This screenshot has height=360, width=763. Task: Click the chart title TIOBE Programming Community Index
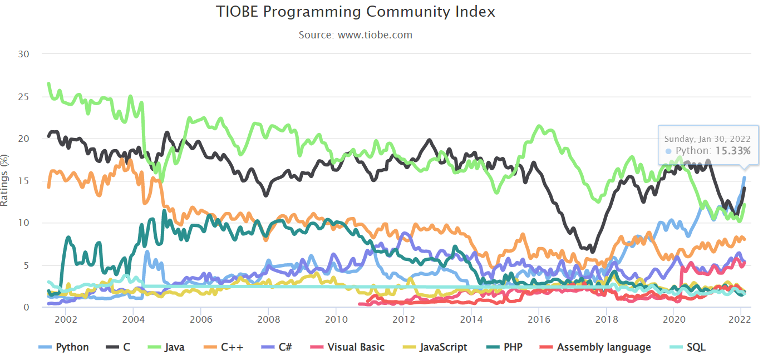pyautogui.click(x=355, y=12)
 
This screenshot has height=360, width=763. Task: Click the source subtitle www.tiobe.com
pyautogui.click(x=375, y=34)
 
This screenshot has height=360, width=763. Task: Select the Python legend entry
pyautogui.click(x=63, y=347)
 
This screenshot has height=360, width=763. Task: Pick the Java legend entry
pyautogui.click(x=166, y=347)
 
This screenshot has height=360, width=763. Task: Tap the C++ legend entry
pyautogui.click(x=224, y=347)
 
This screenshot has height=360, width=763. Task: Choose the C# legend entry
pyautogui.click(x=277, y=347)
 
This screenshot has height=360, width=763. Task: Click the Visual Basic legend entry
pyautogui.click(x=347, y=347)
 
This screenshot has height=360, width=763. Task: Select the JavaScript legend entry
pyautogui.click(x=435, y=347)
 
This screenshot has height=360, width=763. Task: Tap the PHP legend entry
pyautogui.click(x=504, y=347)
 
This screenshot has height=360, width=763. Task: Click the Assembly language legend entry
pyautogui.click(x=595, y=347)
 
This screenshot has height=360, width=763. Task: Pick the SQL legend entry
pyautogui.click(x=687, y=347)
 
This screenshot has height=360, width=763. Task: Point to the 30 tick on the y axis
pyautogui.click(x=23, y=54)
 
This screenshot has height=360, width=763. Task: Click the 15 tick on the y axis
pyautogui.click(x=23, y=181)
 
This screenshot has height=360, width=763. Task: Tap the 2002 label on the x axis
pyautogui.click(x=66, y=319)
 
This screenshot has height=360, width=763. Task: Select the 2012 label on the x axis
pyautogui.click(x=403, y=319)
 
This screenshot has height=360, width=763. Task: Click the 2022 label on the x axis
pyautogui.click(x=740, y=319)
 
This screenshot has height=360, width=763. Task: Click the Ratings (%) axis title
pyautogui.click(x=4, y=180)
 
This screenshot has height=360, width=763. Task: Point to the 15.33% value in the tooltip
pyautogui.click(x=733, y=151)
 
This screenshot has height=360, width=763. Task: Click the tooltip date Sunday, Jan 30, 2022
pyautogui.click(x=707, y=139)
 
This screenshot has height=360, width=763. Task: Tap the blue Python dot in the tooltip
pyautogui.click(x=668, y=151)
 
